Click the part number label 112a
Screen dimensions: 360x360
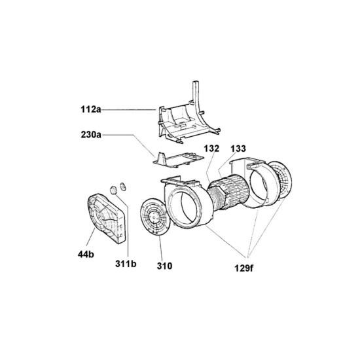coord(91,109)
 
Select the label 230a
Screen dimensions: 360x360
coord(91,135)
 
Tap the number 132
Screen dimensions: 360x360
coord(211,149)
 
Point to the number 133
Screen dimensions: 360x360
coord(238,149)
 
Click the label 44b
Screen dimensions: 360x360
coord(86,254)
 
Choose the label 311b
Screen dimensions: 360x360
coord(126,264)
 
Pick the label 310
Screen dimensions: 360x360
coord(164,266)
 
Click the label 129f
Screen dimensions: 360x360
coord(244,268)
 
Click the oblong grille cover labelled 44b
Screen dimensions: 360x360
coord(106,218)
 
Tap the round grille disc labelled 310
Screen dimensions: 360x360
coord(155,217)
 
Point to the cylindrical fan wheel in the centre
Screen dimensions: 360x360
coord(228,192)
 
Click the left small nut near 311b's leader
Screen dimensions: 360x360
coord(113,190)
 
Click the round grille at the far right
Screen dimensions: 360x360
coord(280,179)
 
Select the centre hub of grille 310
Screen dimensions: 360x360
coord(153,216)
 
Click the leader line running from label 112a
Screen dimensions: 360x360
coord(129,110)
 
